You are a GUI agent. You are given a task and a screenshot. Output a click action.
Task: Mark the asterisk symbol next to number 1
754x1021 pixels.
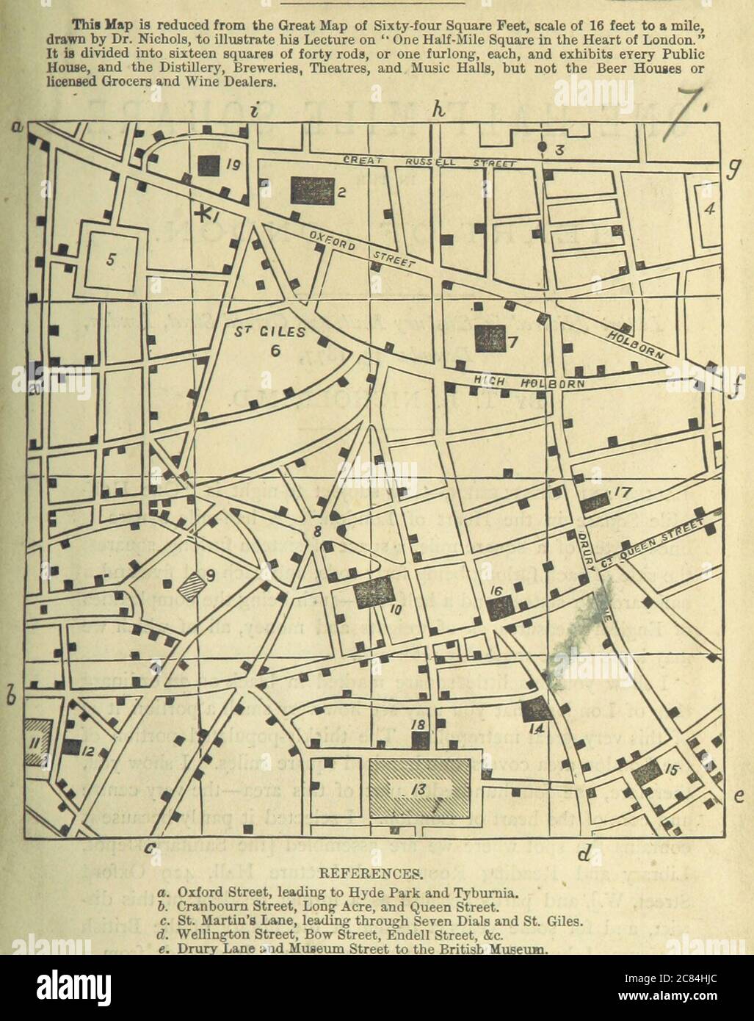point(203,214)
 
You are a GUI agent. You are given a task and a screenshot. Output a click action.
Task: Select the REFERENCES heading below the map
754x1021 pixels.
point(377,874)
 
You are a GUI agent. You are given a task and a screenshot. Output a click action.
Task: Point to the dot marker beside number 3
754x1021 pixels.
point(543,147)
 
